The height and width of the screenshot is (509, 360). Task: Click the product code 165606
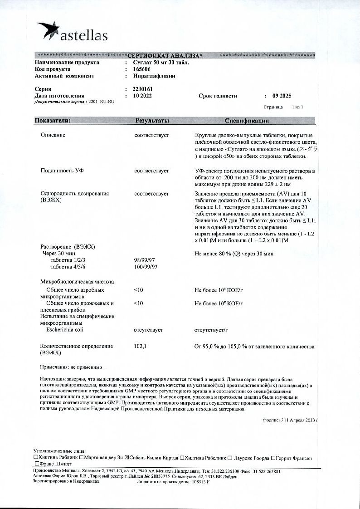click(142, 69)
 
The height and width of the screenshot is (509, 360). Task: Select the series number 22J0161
click(143, 89)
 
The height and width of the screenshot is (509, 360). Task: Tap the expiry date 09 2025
click(282, 96)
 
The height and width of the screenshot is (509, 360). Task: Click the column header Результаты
click(152, 121)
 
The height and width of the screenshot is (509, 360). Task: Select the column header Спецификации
click(247, 121)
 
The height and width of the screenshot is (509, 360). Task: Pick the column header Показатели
click(53, 121)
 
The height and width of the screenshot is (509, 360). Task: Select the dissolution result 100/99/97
click(146, 267)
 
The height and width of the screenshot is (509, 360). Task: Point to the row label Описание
click(53, 135)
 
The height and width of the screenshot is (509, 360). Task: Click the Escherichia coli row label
click(65, 330)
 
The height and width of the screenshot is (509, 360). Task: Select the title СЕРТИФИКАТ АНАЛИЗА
click(162, 55)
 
